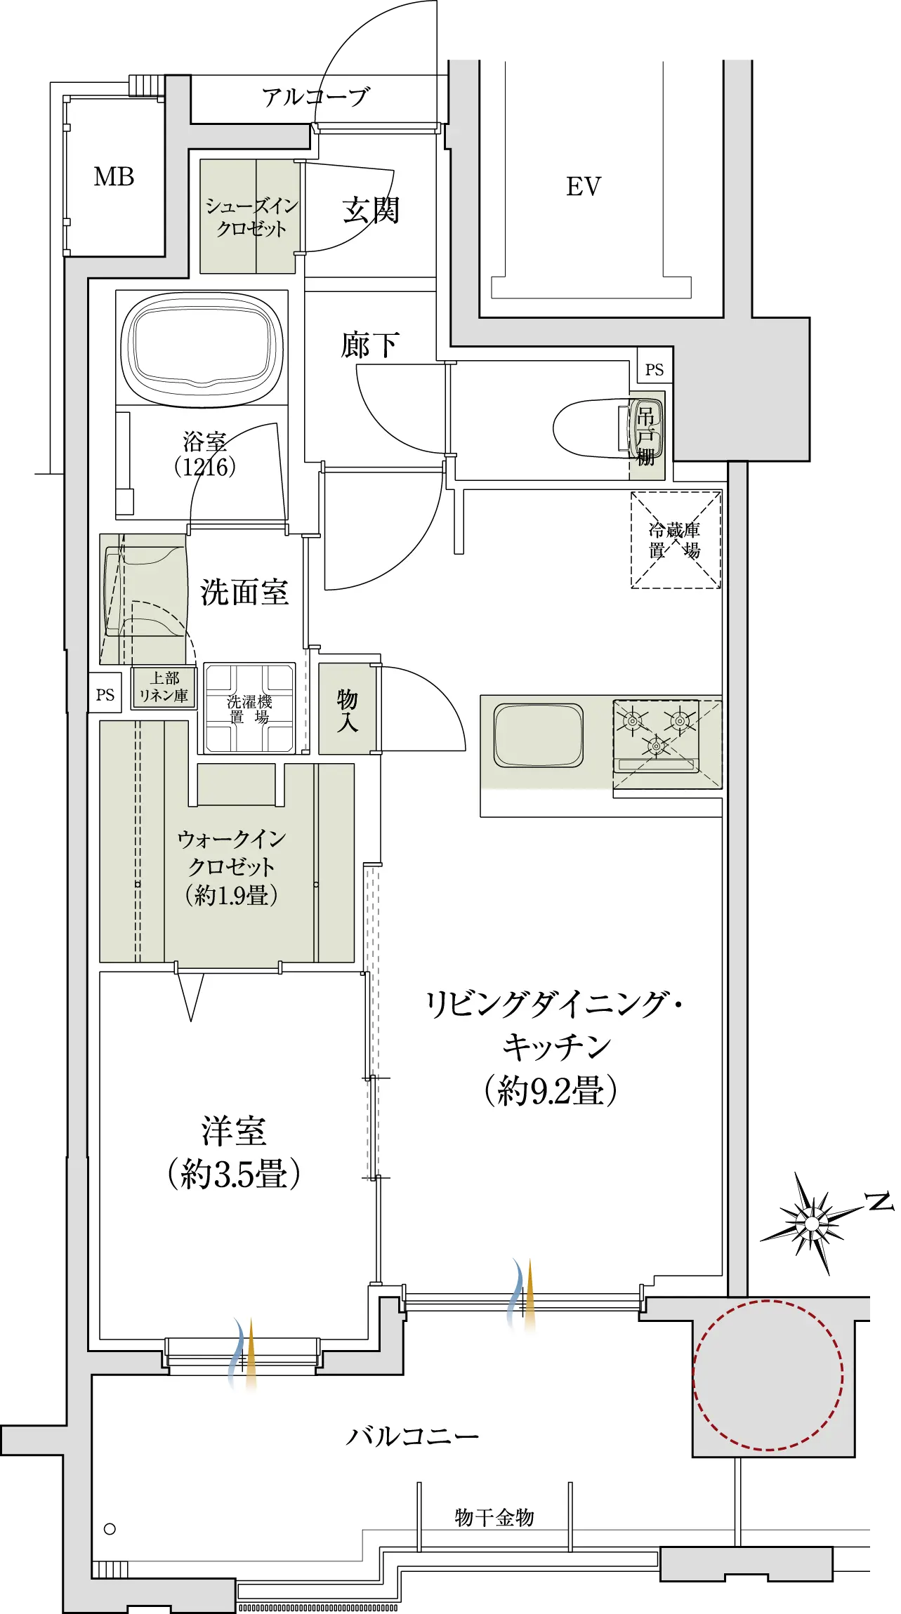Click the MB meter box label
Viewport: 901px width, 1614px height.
coord(114,177)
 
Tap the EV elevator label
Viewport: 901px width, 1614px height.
coord(584,187)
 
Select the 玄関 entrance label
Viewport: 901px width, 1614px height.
coord(371,210)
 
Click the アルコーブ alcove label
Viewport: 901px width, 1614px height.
coord(316,97)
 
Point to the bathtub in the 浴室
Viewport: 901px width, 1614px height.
coord(202,348)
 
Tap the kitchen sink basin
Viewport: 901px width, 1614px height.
coord(539,735)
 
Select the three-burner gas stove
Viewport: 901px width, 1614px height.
coord(657,736)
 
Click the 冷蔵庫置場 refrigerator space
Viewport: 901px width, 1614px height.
coord(676,539)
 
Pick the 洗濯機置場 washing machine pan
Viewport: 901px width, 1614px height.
coord(249,708)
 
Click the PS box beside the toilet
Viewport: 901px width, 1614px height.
coord(655,369)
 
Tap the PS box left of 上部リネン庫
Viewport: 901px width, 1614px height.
coord(105,694)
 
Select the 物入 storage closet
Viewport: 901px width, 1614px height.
coord(347,709)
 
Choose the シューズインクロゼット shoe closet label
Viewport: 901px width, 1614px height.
coord(251,217)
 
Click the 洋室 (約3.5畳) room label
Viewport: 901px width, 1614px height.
coord(234,1152)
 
